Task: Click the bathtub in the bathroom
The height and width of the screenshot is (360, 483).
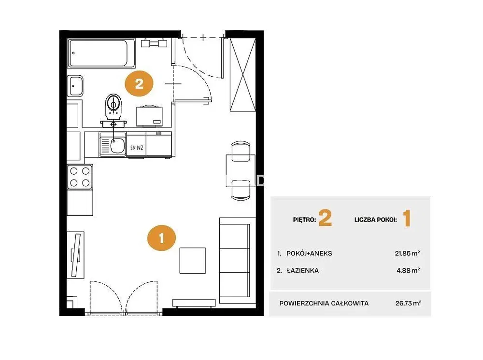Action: (101, 53)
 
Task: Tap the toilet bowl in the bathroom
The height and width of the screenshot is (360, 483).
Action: (114, 107)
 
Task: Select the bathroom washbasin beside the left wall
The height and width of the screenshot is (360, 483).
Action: (75, 86)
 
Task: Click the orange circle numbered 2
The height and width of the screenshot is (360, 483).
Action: (139, 83)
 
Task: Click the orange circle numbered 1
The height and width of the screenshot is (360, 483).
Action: (161, 238)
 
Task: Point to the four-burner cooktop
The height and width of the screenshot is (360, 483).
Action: (80, 177)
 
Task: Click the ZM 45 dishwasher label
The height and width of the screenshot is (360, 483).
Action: (137, 148)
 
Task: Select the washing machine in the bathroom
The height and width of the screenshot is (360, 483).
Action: (149, 116)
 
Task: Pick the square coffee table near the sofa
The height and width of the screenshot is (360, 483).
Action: (193, 260)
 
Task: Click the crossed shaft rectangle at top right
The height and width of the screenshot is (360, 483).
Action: (243, 74)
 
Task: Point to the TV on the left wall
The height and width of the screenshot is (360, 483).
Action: (76, 255)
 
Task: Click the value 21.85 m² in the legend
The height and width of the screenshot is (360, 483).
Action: (407, 253)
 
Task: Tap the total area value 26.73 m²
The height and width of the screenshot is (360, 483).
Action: (408, 303)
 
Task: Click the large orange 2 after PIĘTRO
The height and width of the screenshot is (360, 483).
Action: (325, 218)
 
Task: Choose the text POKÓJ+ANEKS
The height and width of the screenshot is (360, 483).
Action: (309, 253)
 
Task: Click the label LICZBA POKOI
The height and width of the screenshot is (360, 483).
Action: (375, 220)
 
